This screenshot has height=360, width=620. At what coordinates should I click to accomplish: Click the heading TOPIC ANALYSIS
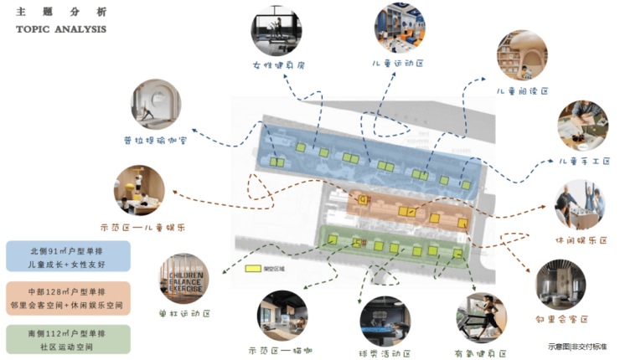point(61,29)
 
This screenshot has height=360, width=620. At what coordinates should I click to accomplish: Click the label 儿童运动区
point(400,63)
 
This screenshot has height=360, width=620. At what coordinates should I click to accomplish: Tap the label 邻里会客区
point(561,319)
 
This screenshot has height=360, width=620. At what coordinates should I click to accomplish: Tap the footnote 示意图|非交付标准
point(577,346)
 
